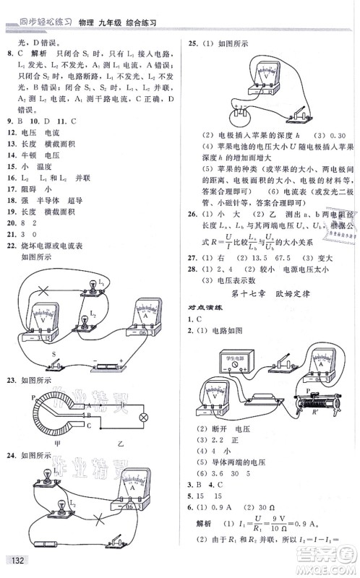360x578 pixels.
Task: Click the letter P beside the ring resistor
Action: click(x=33, y=397)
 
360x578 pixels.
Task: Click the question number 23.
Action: click(x=11, y=381)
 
